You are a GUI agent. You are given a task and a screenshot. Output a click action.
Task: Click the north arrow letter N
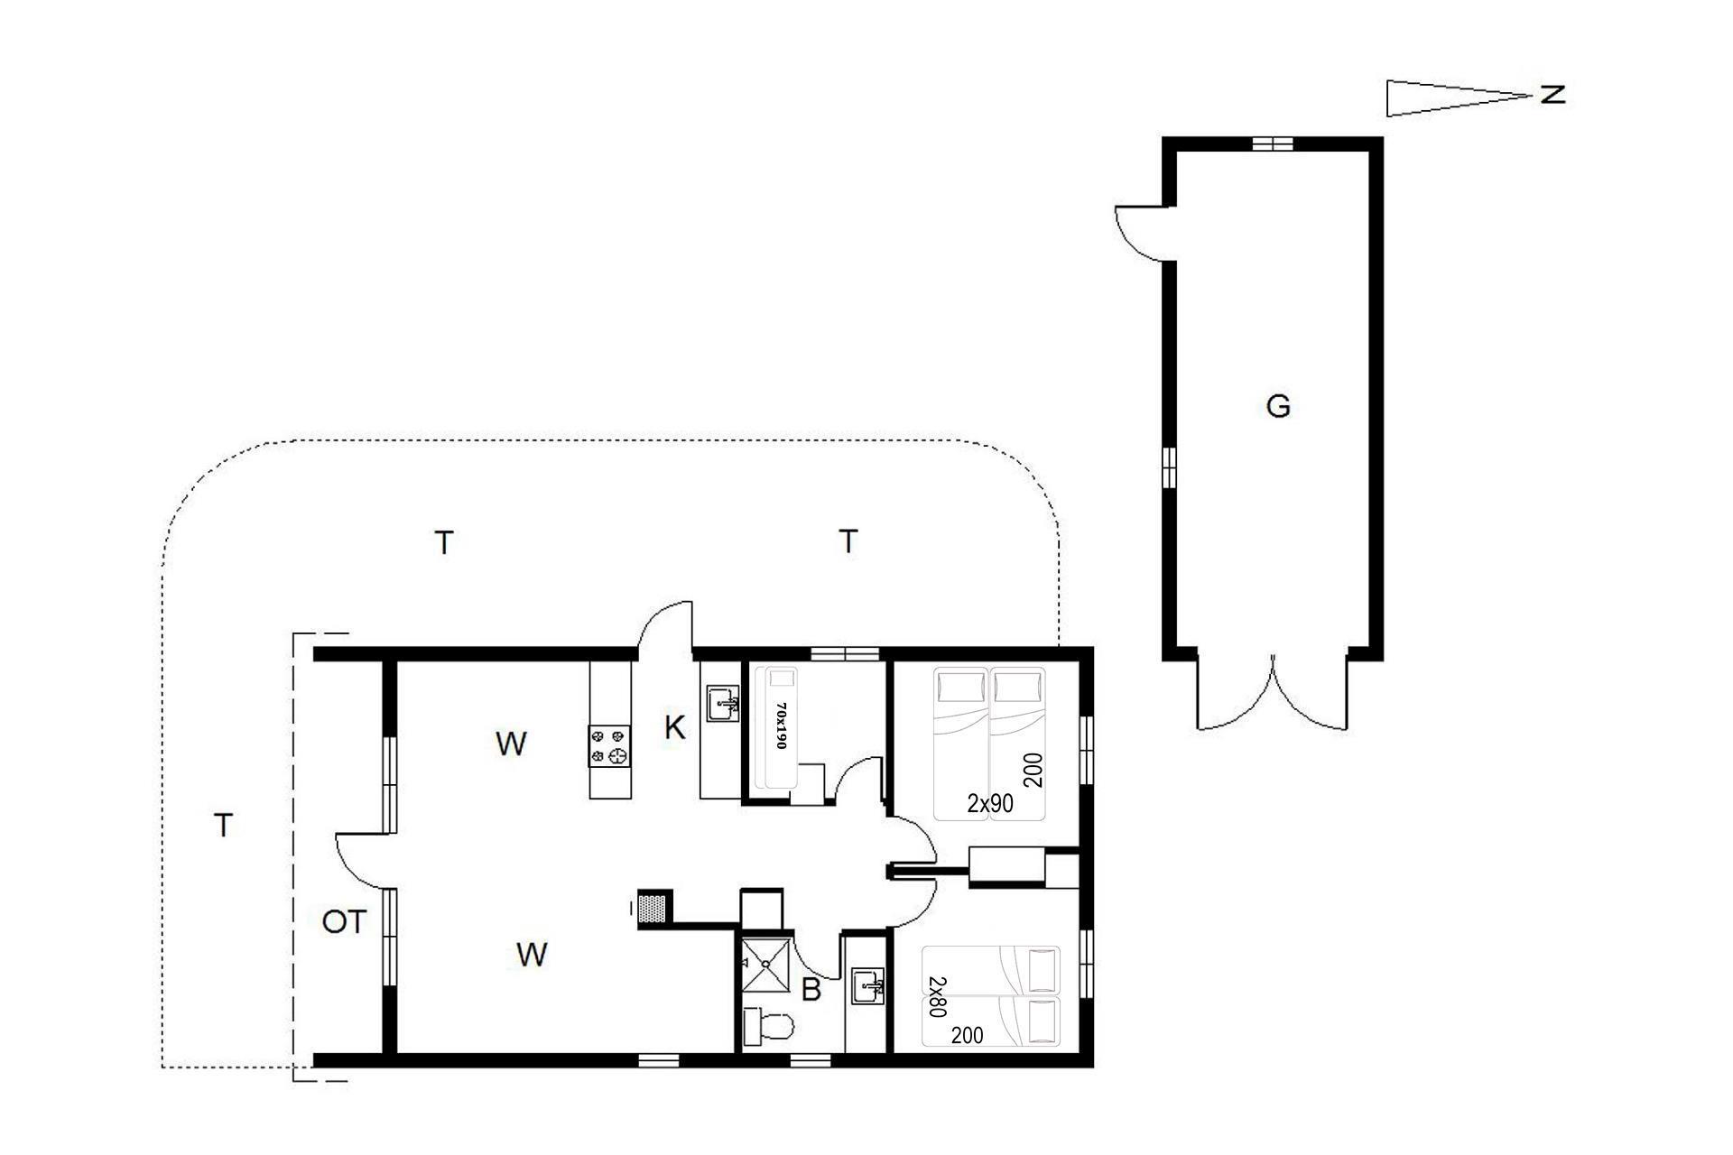click(x=1552, y=94)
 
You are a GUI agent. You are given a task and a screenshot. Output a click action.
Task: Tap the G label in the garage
click(x=1278, y=407)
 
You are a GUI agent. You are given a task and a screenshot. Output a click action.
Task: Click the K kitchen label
click(x=674, y=727)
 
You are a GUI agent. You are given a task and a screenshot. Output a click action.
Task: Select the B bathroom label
click(x=811, y=990)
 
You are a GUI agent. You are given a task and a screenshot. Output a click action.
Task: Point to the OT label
click(x=345, y=922)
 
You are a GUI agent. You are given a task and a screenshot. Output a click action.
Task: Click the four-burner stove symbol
click(x=609, y=746)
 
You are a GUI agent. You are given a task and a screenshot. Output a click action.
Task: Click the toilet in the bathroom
click(x=767, y=1028)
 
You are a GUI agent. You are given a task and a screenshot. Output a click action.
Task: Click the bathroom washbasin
click(x=868, y=985)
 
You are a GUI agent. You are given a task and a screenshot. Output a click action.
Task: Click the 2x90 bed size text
click(x=990, y=803)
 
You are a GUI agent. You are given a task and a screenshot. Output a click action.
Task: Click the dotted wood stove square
click(x=654, y=905)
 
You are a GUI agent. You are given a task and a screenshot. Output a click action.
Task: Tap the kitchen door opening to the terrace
click(x=665, y=625)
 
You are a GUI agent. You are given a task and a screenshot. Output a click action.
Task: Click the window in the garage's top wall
click(x=1273, y=143)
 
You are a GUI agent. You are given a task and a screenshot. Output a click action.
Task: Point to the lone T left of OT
click(x=223, y=825)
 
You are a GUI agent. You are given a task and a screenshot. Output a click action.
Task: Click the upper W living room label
click(x=511, y=744)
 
